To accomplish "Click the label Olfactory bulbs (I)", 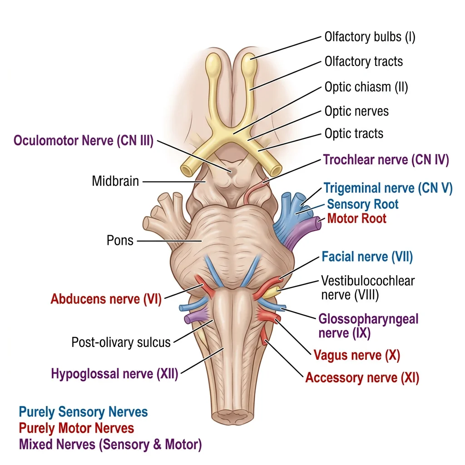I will click(370, 37).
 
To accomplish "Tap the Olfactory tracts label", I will click(363, 61).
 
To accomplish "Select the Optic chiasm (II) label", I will click(366, 86).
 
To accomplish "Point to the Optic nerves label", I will click(356, 111).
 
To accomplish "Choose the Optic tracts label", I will click(354, 134).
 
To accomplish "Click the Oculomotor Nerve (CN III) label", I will click(84, 140).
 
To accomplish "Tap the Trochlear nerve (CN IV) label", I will click(386, 160).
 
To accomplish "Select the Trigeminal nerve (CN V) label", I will click(388, 188).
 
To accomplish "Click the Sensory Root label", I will click(362, 204).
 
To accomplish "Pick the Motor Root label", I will click(356, 218).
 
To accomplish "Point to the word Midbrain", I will click(115, 182).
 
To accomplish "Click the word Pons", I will click(120, 240).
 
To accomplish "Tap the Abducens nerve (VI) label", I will click(106, 299).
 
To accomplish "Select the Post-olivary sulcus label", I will click(121, 342).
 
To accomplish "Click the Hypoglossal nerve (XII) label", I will click(114, 374).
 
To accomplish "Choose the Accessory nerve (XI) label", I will click(362, 378).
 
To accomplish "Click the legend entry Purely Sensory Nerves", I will click(83, 412).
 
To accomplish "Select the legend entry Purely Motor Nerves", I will click(76, 428).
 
